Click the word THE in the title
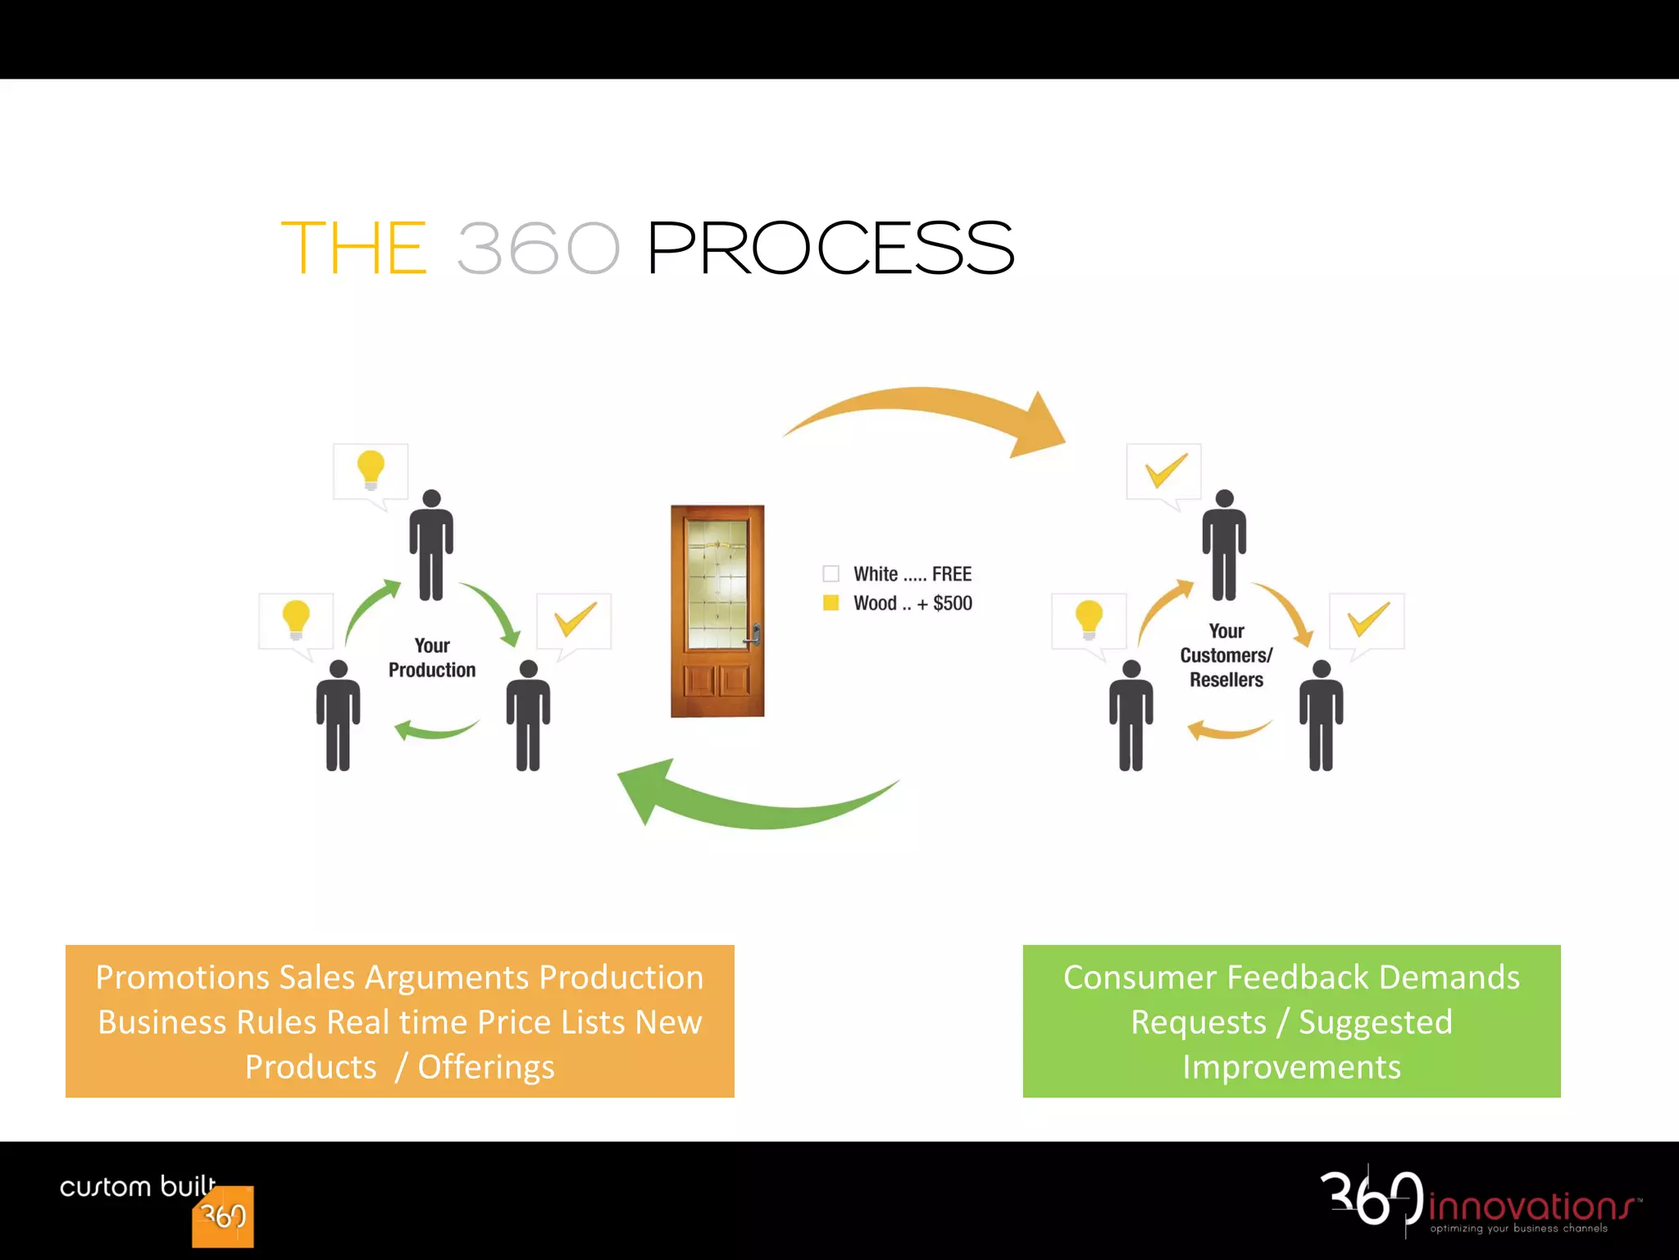354,248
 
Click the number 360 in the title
538,248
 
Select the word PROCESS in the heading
830,248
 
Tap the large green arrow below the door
754,804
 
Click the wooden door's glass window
717,584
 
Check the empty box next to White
830,573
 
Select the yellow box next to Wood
830,603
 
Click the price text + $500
944,604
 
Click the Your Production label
432,658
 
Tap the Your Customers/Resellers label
1226,655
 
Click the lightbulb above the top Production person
371,469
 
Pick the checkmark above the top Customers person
1164,469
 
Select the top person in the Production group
431,546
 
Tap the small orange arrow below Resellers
1227,730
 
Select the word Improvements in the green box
1291,1067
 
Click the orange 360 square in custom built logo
223,1217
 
